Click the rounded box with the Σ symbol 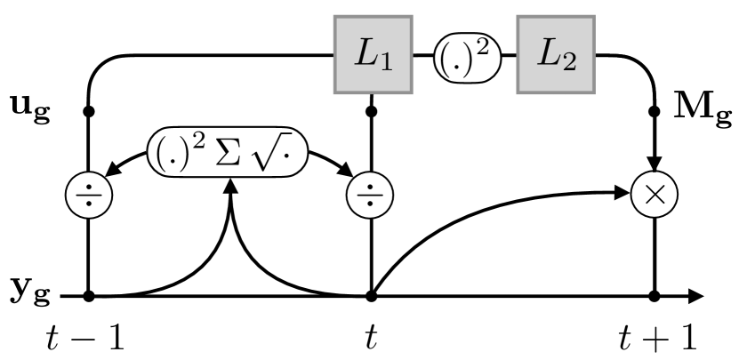[x=231, y=153]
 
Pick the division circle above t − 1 [x=89, y=193]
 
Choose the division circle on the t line [x=374, y=193]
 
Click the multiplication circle [x=655, y=193]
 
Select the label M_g [x=701, y=113]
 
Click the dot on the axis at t [x=374, y=296]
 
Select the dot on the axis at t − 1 [x=89, y=296]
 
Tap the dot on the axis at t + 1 [x=655, y=296]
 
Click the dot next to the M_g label [x=655, y=112]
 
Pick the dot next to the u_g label [x=89, y=112]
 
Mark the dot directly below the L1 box [x=374, y=112]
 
